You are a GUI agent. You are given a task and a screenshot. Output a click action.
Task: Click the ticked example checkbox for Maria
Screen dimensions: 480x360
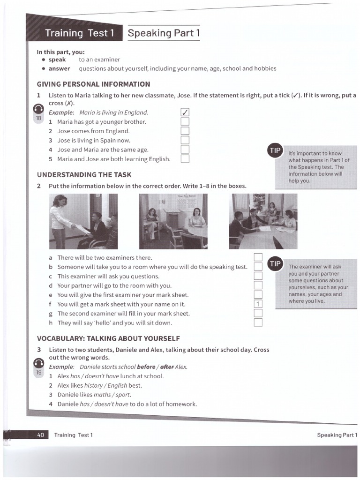185,112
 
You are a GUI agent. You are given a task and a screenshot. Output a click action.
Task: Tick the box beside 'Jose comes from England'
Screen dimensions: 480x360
185,131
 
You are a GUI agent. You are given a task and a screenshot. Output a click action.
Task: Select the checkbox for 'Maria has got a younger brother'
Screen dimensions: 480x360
185,122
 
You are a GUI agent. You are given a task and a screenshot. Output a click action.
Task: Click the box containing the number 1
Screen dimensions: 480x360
257,304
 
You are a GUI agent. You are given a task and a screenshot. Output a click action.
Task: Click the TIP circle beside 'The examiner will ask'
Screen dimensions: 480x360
274,264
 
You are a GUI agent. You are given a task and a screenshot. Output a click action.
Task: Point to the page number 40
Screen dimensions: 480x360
40,435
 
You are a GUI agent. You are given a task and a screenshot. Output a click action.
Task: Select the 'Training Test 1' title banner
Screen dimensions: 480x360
79,33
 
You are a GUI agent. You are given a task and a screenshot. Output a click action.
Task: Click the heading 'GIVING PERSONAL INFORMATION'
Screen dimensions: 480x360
93,84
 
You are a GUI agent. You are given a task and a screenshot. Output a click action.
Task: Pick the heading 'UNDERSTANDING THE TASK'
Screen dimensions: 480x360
84,175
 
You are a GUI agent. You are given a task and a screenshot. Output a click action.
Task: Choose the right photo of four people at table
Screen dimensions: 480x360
263,221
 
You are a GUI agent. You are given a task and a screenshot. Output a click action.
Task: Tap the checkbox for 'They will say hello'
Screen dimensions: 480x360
257,322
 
